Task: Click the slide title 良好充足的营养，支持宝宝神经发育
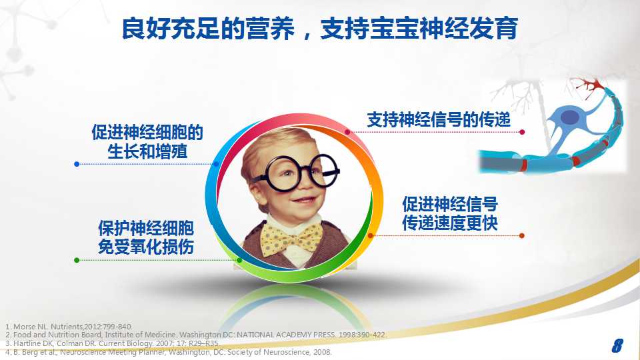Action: [319, 29]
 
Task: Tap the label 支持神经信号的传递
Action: [439, 119]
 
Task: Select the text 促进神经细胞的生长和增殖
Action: [147, 141]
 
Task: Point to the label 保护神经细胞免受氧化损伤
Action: [146, 237]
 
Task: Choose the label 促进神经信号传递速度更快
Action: [450, 213]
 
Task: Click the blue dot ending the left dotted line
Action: [77, 164]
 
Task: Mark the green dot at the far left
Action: [77, 260]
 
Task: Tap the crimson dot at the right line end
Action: [522, 132]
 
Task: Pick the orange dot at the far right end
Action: [521, 235]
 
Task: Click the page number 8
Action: [617, 345]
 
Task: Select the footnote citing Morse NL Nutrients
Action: [69, 327]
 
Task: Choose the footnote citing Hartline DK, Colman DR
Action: [112, 343]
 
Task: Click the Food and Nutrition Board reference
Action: [195, 335]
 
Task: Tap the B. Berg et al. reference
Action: [168, 352]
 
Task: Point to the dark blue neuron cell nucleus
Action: [570, 117]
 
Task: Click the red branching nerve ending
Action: [588, 85]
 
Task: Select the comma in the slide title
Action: [307, 36]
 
